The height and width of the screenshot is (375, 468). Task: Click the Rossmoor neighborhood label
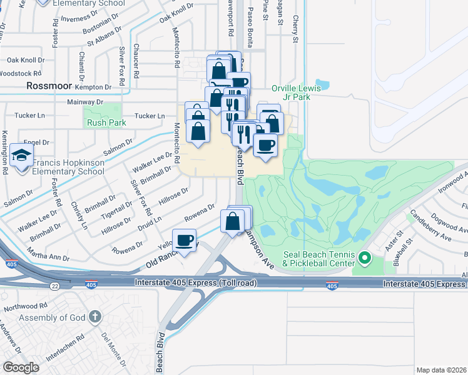(49, 86)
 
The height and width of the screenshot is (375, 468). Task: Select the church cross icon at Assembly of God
(95, 316)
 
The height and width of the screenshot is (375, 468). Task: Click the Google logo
(21, 367)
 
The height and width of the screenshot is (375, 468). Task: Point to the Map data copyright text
(441, 369)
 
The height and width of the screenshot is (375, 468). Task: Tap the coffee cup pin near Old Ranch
(185, 240)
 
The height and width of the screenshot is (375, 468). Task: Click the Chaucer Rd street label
(136, 59)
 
